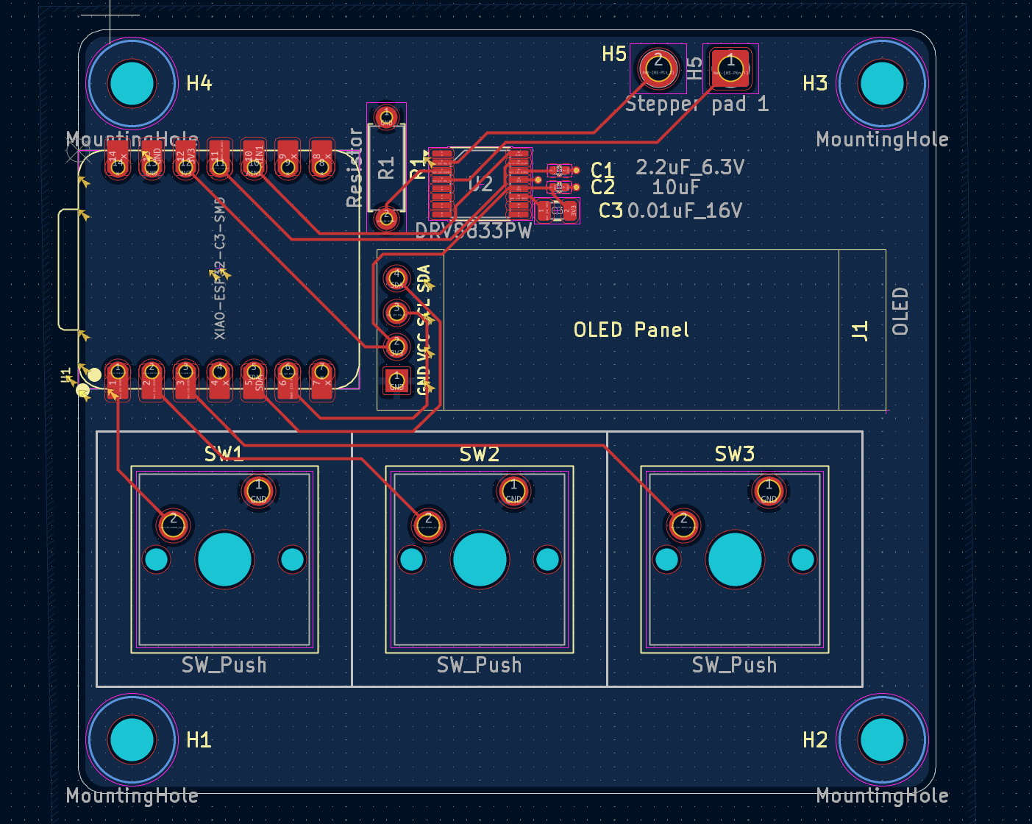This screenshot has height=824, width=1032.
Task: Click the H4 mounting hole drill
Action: pyautogui.click(x=132, y=83)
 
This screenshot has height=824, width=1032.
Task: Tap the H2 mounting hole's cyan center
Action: pyautogui.click(x=882, y=739)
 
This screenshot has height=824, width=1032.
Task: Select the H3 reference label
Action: pyautogui.click(x=815, y=83)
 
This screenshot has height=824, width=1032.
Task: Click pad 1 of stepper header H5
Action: pyautogui.click(x=730, y=68)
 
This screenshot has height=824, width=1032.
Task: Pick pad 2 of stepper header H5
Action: pyautogui.click(x=658, y=68)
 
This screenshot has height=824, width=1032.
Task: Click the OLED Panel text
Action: pyautogui.click(x=631, y=330)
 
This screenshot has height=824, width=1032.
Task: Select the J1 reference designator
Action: pyautogui.click(x=860, y=330)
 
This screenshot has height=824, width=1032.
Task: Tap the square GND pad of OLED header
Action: pyautogui.click(x=396, y=380)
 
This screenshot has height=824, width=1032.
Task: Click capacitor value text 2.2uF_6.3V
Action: pyautogui.click(x=689, y=168)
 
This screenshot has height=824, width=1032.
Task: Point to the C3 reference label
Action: pyautogui.click(x=611, y=211)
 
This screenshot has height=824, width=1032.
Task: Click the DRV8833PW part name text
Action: pyautogui.click(x=473, y=231)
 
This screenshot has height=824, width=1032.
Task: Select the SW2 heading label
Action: pyautogui.click(x=479, y=455)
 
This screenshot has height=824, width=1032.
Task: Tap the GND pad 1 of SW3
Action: pyautogui.click(x=769, y=490)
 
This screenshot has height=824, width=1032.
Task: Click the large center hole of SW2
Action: pyautogui.click(x=480, y=560)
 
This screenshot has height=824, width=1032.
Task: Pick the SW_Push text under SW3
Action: pyautogui.click(x=733, y=665)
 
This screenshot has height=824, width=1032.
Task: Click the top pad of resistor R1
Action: pyautogui.click(x=386, y=117)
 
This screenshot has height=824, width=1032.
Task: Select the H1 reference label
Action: pyautogui.click(x=199, y=739)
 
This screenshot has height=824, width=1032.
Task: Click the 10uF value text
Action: pyautogui.click(x=675, y=188)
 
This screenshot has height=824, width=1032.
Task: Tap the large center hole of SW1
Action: pyautogui.click(x=224, y=560)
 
